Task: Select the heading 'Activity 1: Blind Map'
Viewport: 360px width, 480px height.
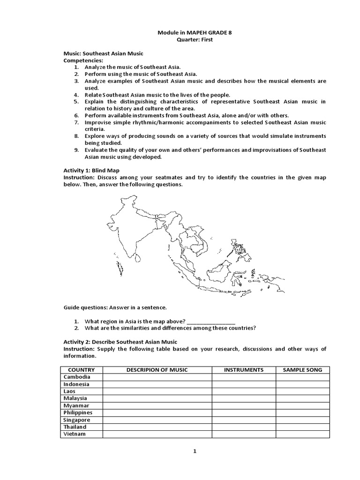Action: point(93,171)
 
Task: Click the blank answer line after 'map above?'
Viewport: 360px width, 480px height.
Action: point(211,322)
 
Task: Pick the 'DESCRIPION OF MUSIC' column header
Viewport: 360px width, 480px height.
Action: point(157,370)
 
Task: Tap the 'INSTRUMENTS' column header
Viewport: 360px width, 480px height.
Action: point(243,370)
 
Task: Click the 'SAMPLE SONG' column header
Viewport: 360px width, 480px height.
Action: point(302,370)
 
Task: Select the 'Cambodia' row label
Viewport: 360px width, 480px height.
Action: point(77,377)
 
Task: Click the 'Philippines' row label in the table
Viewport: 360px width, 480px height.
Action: point(78,412)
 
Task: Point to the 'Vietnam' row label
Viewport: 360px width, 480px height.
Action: point(75,434)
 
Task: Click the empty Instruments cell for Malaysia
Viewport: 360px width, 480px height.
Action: point(243,398)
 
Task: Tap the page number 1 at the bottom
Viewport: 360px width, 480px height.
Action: point(195,451)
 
